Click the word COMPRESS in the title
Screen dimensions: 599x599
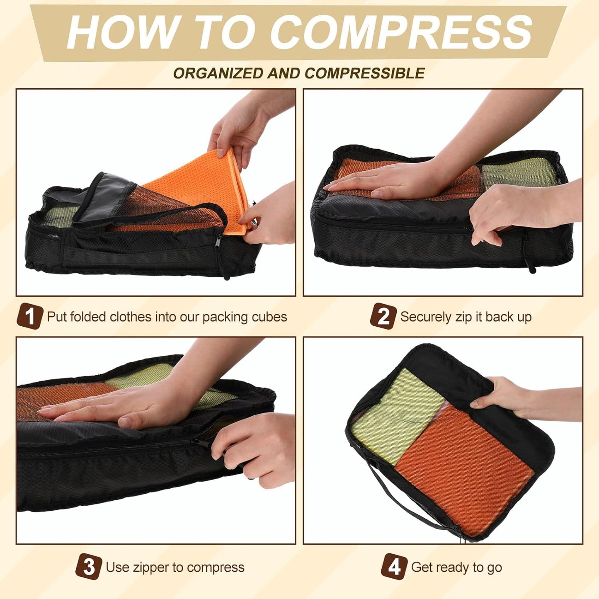401,32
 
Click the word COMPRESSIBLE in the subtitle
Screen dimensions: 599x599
365,73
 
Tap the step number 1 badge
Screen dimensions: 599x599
29,317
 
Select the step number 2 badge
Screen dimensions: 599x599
383,317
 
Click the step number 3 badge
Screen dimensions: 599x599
88,567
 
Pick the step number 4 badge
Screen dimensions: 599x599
394,567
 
